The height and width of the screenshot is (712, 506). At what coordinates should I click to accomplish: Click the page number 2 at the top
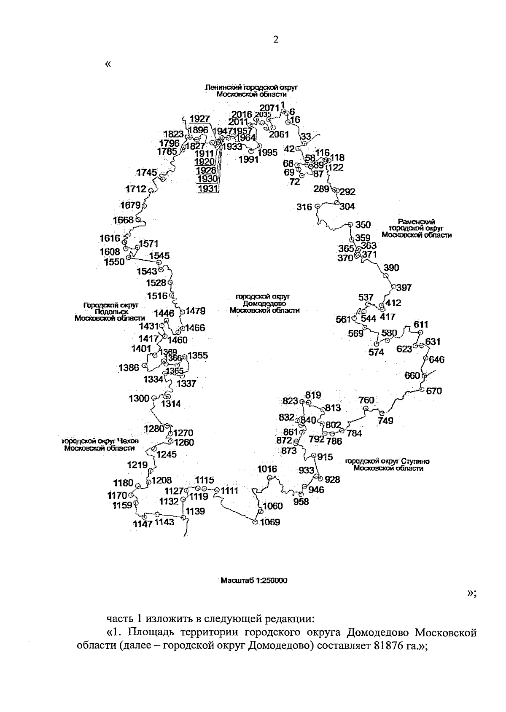(276, 40)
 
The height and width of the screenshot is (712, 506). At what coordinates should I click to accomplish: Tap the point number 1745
(147, 172)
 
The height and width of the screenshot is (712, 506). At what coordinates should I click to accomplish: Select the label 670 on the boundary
(434, 391)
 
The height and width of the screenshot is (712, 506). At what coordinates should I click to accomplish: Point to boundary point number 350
(363, 225)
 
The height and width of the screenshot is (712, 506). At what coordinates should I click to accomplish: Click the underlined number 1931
(207, 189)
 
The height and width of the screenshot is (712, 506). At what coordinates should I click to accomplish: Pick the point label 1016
(267, 469)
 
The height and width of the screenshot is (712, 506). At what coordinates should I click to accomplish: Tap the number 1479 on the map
(196, 311)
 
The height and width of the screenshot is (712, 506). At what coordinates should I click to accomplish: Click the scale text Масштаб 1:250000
(254, 580)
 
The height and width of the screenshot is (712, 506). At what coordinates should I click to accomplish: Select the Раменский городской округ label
(416, 228)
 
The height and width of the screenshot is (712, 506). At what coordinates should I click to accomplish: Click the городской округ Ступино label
(387, 465)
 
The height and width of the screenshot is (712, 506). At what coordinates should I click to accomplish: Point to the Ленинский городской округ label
(251, 91)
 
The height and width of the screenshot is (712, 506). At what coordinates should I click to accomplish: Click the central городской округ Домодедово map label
(265, 304)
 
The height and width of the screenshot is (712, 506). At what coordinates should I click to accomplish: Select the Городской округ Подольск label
(110, 311)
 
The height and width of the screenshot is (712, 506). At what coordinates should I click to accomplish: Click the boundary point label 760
(366, 400)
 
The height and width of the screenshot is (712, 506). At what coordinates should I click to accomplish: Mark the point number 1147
(142, 524)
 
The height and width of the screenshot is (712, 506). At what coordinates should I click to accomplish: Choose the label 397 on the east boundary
(404, 288)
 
